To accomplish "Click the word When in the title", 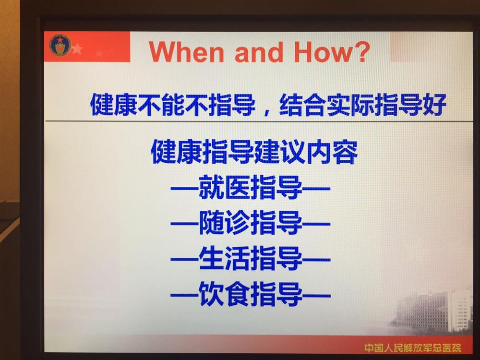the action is point(186,51).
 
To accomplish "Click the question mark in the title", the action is point(361,51).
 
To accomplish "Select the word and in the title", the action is point(259,52).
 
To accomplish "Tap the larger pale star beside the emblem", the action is point(77,48).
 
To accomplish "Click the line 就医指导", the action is point(251,187).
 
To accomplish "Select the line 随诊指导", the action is point(251,223).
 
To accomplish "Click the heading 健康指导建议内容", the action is point(254,152).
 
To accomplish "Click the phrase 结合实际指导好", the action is point(362,105).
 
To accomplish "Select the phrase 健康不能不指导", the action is point(173,104).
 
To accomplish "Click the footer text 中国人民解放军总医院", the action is point(413,348).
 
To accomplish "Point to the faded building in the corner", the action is point(435,311).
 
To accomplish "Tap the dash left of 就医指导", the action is point(185,188).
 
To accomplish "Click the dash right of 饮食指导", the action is point(316,295).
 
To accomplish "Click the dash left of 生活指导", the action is point(185,260).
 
